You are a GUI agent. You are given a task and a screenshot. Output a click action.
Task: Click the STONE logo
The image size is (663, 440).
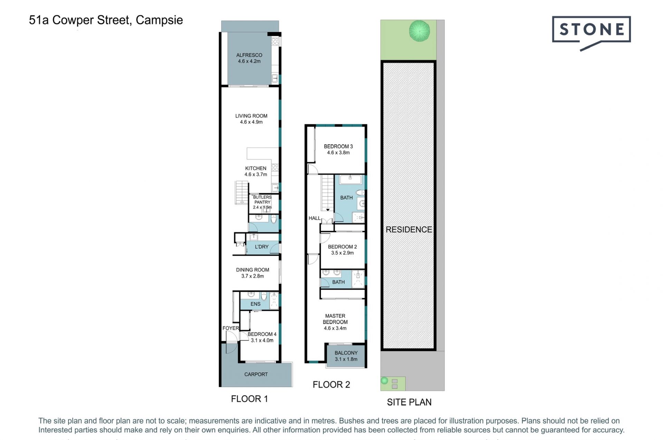click(x=591, y=33)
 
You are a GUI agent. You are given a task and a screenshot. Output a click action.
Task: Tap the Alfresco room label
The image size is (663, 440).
click(x=249, y=55)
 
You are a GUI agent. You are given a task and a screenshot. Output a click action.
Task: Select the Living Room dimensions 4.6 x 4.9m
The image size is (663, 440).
click(x=251, y=122)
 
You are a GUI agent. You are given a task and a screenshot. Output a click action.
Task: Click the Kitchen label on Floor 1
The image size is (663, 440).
click(x=256, y=169)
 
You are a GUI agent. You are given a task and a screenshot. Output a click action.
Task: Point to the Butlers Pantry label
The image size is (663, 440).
click(x=262, y=200)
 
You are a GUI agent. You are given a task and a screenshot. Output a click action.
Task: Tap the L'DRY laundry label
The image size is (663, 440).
click(x=261, y=247)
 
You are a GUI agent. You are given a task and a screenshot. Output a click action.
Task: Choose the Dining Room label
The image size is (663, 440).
click(x=252, y=270)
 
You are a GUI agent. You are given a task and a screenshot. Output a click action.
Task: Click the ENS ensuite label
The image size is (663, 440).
click(x=256, y=304)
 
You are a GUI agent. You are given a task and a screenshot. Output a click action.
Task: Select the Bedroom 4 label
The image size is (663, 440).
click(x=262, y=334)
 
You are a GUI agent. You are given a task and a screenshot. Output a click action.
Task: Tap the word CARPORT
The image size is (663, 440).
click(x=256, y=374)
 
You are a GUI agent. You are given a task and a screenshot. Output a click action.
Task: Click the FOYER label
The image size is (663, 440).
click(x=231, y=328)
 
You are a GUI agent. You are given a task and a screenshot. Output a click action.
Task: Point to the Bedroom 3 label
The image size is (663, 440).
click(x=338, y=146)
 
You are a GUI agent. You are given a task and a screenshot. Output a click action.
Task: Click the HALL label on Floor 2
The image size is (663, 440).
click(x=315, y=218)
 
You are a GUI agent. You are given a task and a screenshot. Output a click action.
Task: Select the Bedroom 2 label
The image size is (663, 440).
click(x=342, y=247)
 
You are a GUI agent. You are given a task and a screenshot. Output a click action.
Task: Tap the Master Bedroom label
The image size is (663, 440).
click(x=335, y=319)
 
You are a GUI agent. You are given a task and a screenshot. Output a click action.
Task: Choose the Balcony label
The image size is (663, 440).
click(x=346, y=353)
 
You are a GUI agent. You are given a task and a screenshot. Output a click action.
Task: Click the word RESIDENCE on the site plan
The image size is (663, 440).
click(x=409, y=230)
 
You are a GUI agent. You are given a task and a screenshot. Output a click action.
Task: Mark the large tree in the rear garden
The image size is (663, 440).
click(x=420, y=31)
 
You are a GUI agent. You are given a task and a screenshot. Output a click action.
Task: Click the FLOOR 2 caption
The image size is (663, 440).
click(x=331, y=385)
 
